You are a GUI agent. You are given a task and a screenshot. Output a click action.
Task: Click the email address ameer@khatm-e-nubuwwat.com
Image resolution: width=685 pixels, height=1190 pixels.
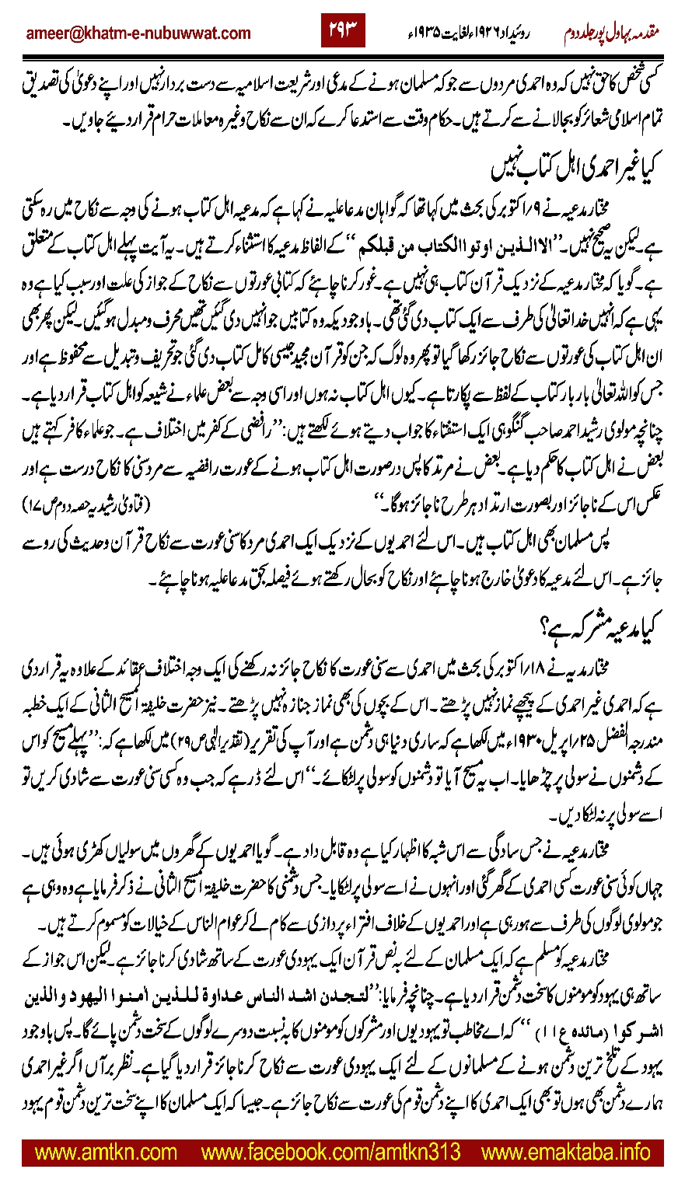click(x=138, y=33)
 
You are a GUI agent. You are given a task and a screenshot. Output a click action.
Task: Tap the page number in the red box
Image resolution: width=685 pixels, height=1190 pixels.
click(x=343, y=33)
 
